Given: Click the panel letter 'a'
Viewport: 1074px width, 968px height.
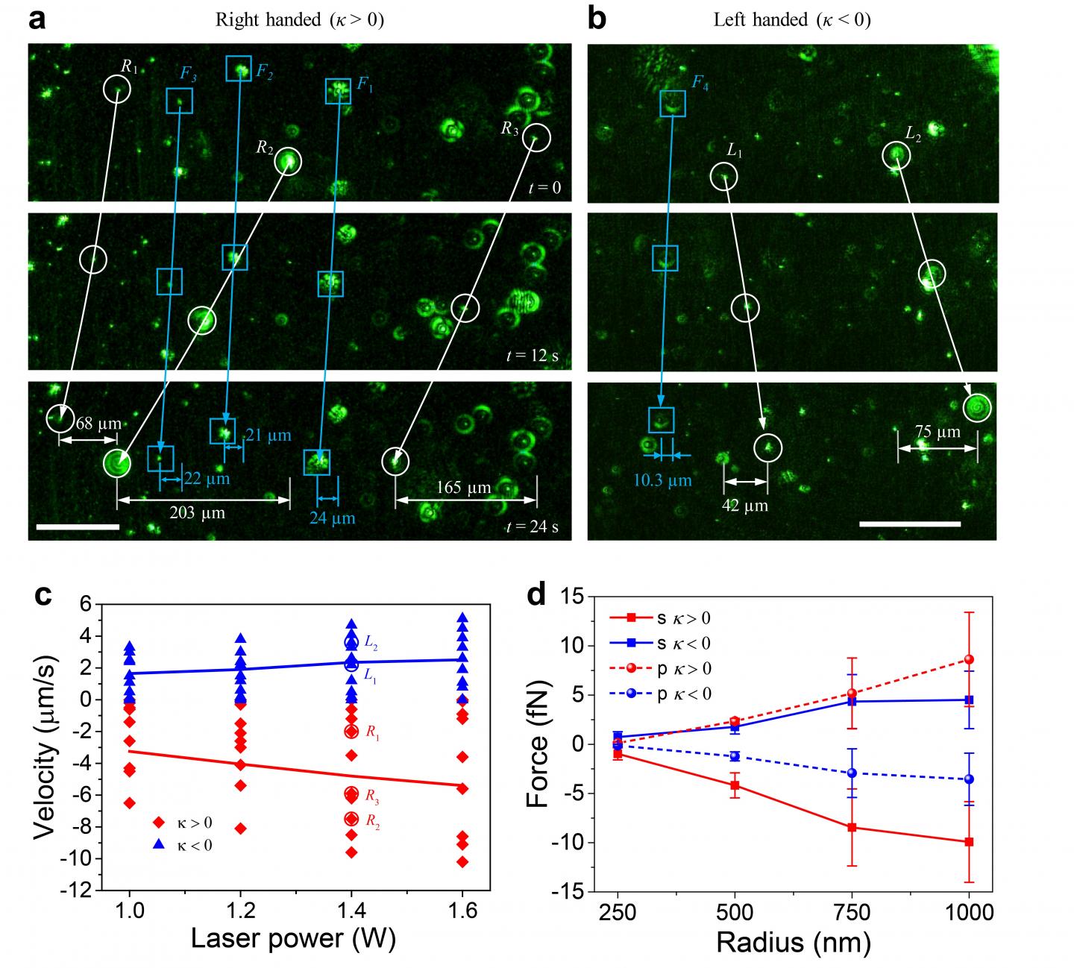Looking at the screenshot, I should pyautogui.click(x=37, y=19).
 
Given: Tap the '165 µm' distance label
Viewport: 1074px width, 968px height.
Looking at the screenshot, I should pyautogui.click(x=465, y=488).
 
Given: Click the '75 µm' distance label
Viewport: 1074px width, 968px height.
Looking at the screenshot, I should pyautogui.click(x=937, y=431).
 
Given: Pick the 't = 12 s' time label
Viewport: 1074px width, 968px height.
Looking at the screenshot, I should pyautogui.click(x=532, y=356).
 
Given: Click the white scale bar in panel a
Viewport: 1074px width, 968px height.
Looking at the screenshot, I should pyautogui.click(x=77, y=527).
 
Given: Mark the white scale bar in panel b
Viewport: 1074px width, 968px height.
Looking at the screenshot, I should pyautogui.click(x=910, y=524).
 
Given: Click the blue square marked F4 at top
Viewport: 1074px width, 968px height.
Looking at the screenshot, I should pyautogui.click(x=673, y=104).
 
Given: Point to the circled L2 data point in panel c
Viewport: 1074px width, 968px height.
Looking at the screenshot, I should pyautogui.click(x=351, y=641).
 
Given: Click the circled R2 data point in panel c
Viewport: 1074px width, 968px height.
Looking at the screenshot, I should pyautogui.click(x=351, y=819).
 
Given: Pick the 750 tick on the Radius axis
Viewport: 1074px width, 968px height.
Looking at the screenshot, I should pyautogui.click(x=852, y=913).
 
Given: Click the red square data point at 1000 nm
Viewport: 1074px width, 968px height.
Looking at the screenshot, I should pyautogui.click(x=969, y=842).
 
